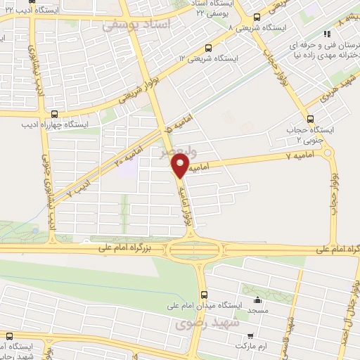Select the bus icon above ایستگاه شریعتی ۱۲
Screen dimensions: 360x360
click(x=207, y=48)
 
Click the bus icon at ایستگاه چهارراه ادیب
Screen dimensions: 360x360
click(x=55, y=114)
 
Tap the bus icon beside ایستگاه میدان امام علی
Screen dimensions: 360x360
click(x=204, y=296)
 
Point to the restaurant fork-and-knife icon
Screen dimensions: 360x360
click(x=326, y=34)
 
